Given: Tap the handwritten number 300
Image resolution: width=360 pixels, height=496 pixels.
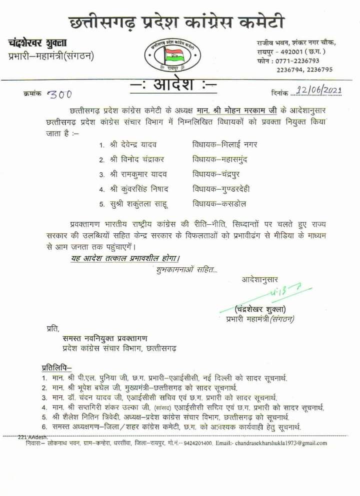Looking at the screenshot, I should point(59,94).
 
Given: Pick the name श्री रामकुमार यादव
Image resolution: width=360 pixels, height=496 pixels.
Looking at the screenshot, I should point(138,174).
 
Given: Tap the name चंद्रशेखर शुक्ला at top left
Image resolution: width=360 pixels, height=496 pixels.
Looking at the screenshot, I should point(37,44).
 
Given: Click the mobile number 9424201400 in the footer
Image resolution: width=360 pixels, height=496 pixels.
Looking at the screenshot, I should point(198,443).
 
